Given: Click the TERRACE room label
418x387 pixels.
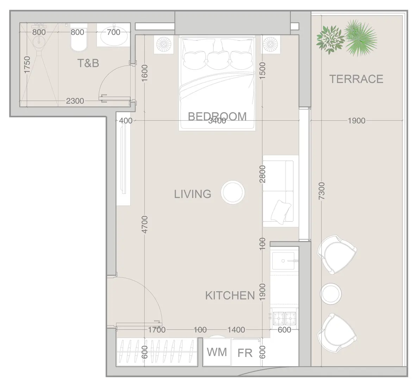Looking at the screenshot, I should click(356, 79).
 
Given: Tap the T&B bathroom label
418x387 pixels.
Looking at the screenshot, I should click(88, 63).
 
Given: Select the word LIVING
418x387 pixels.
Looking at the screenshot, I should click(193, 194).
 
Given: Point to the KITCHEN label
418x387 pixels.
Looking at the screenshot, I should click(230, 296).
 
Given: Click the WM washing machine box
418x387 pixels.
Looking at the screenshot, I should click(217, 352).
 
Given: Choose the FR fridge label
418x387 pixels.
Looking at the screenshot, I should click(245, 353).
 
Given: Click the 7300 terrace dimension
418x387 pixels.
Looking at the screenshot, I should click(322, 191).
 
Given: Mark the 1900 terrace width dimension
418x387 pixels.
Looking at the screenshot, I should click(356, 121).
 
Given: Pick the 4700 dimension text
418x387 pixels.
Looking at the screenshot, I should click(145, 224).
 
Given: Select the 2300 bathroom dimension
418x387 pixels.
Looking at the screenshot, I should click(75, 101).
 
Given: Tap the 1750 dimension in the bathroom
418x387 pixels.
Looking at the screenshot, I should click(27, 65).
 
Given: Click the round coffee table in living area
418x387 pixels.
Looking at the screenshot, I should click(233, 192).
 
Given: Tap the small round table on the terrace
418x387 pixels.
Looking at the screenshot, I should click(331, 294).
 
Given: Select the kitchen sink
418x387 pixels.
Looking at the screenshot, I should click(283, 261).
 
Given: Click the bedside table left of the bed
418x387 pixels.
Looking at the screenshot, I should click(164, 45).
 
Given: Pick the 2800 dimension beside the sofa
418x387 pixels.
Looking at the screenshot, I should click(262, 174).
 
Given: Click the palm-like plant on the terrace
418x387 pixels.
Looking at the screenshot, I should click(360, 38).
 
